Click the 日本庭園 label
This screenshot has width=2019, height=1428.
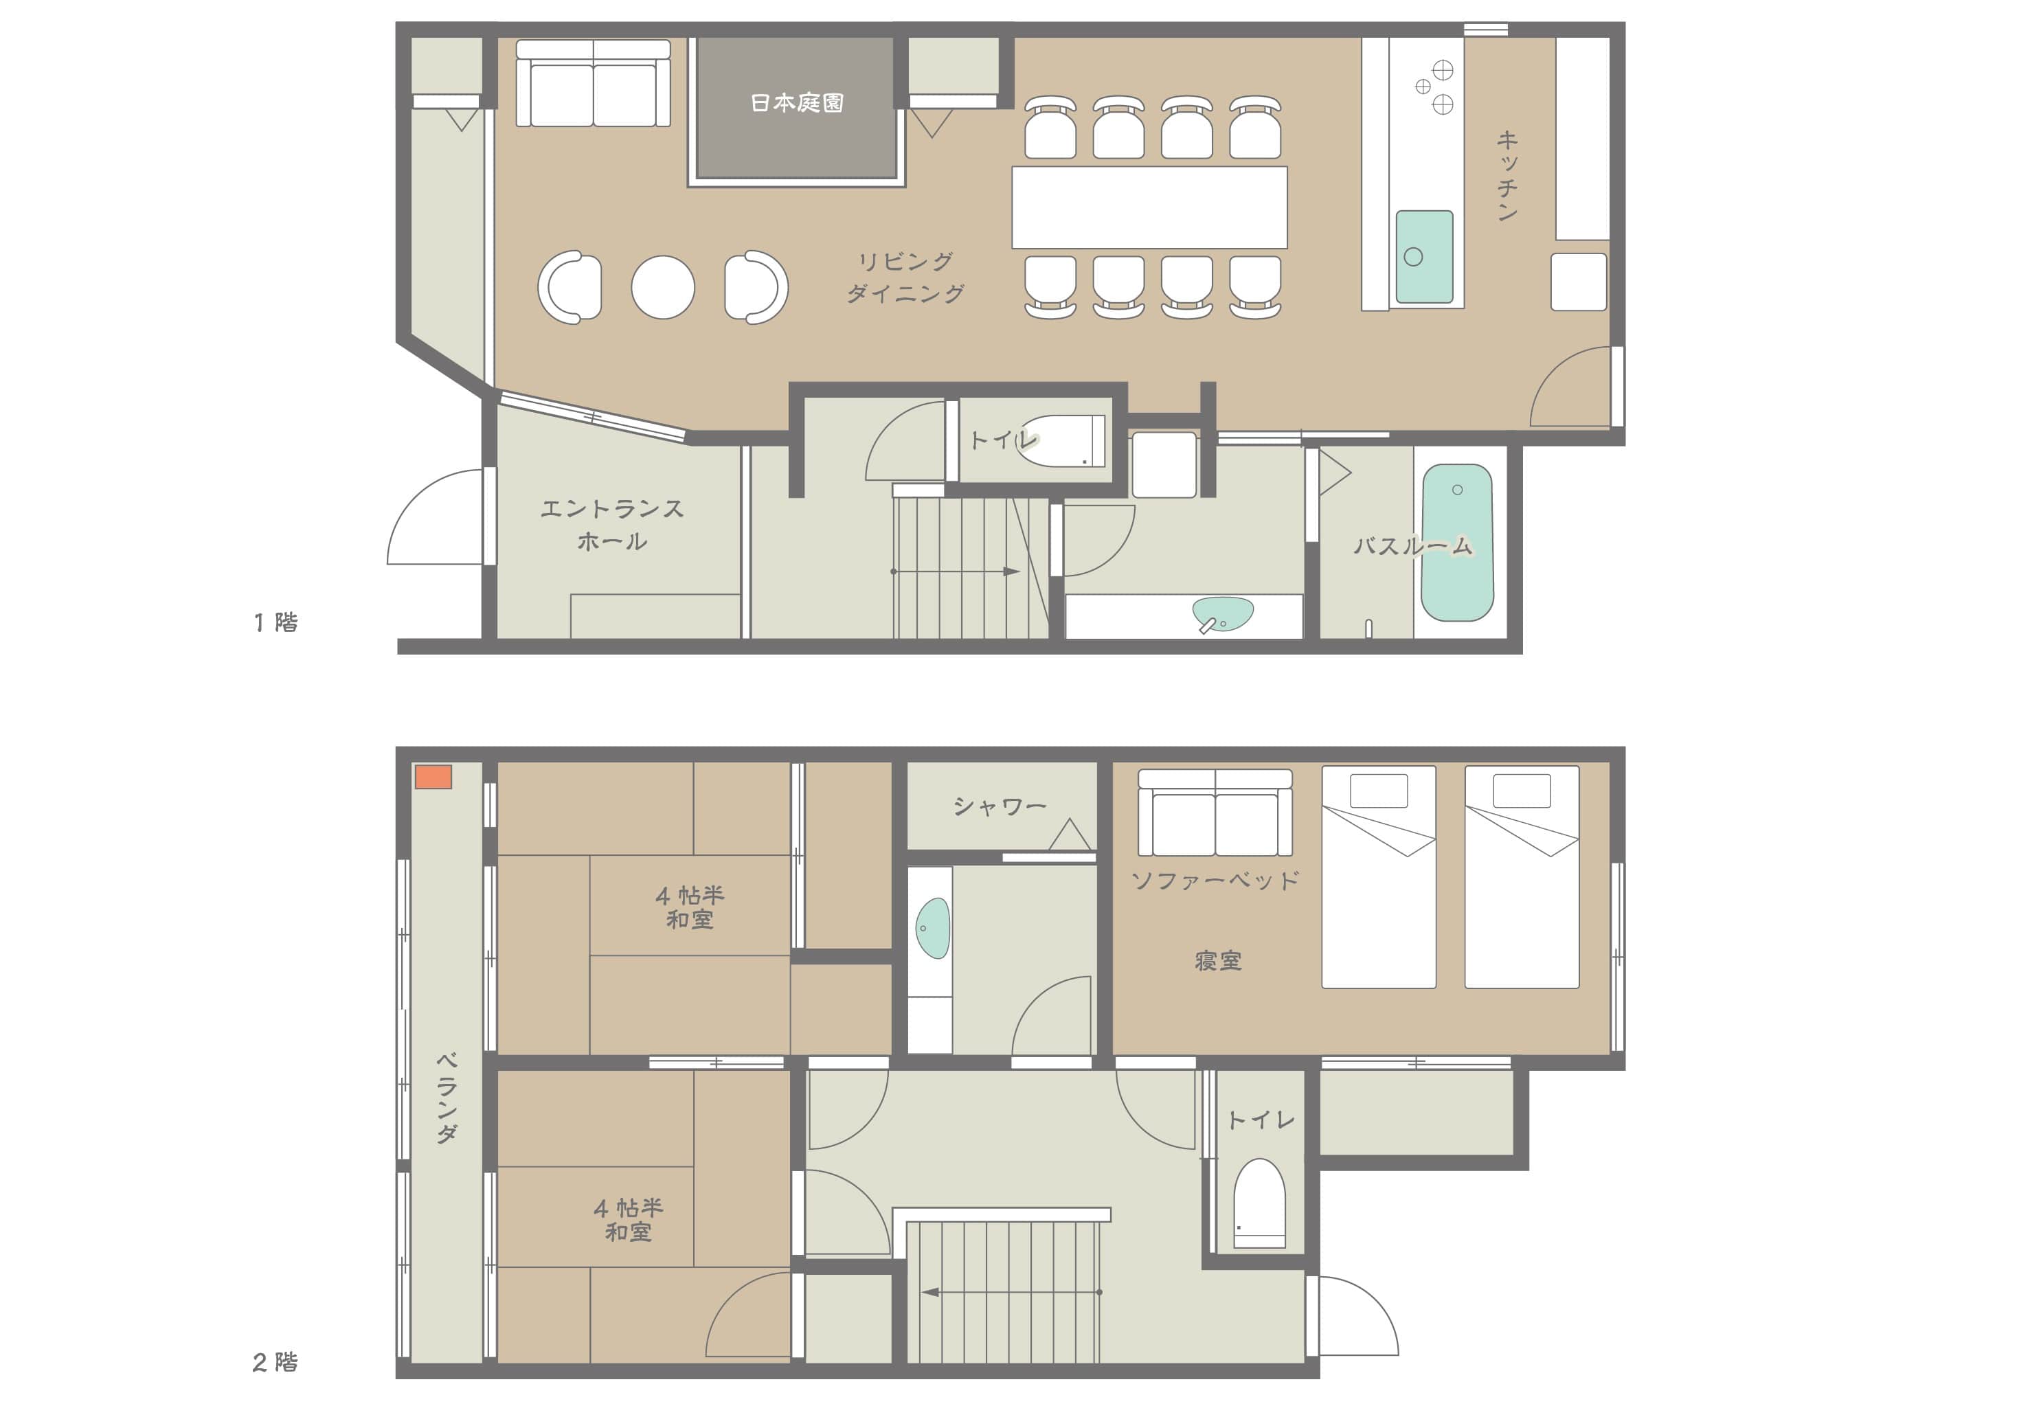click(797, 103)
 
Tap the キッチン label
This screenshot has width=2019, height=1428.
click(1507, 176)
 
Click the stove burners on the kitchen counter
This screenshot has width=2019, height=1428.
click(1434, 87)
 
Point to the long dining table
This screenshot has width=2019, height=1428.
click(1149, 207)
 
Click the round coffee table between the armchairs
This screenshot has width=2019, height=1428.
click(663, 286)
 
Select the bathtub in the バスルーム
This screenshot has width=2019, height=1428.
click(1457, 543)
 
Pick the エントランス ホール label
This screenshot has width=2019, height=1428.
click(612, 525)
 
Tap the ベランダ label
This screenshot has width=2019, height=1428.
click(447, 1098)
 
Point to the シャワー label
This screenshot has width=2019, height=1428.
click(1000, 806)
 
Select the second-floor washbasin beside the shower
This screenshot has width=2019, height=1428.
click(933, 928)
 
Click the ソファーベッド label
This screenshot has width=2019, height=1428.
click(1215, 880)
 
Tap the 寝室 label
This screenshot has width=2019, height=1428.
click(1218, 961)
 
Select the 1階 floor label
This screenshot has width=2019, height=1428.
click(276, 622)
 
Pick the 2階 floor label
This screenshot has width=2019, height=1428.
click(275, 1362)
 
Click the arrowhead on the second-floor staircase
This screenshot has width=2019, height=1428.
click(929, 1293)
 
